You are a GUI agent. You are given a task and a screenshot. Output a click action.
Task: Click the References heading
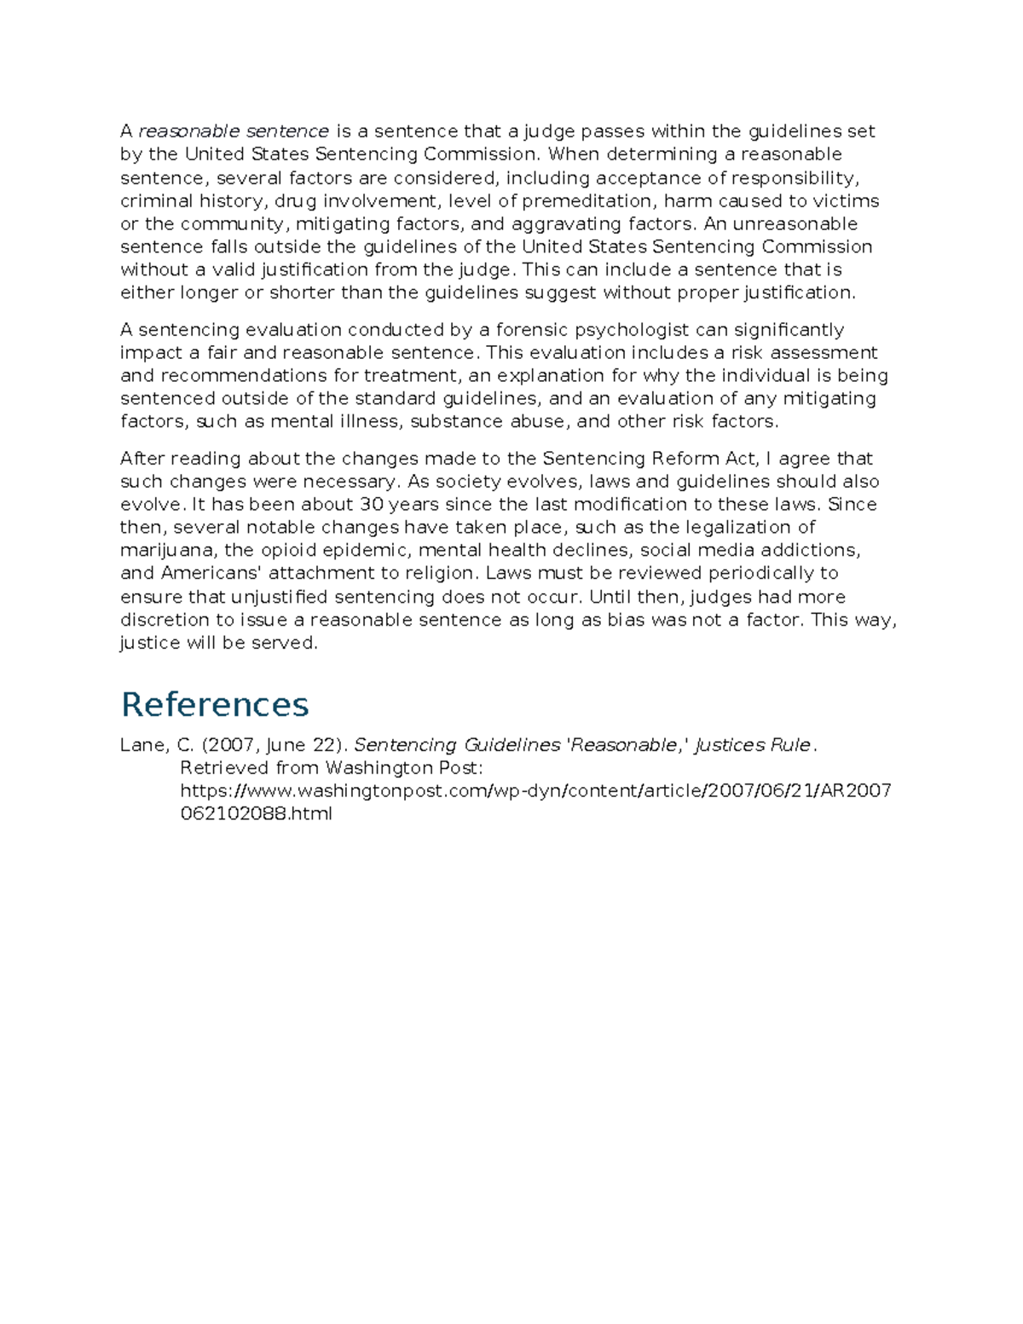(215, 704)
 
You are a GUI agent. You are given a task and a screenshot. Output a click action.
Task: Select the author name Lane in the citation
(139, 745)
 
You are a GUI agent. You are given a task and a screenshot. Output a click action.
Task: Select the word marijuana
(166, 550)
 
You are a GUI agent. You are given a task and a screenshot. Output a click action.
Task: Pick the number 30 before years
(372, 504)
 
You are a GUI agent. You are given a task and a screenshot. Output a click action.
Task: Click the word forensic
(532, 330)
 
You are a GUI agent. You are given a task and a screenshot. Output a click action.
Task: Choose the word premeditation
(587, 201)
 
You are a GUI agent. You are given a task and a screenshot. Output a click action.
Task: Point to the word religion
(441, 573)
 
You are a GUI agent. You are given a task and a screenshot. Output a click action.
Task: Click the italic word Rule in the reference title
(790, 745)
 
